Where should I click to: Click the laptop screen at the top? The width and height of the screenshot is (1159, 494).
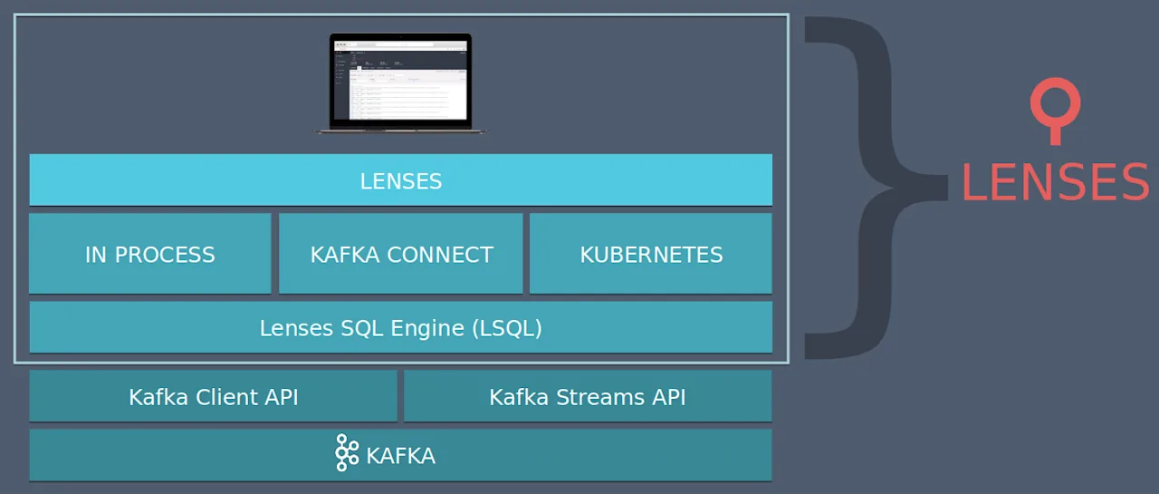400,79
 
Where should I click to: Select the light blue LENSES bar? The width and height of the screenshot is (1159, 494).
400,180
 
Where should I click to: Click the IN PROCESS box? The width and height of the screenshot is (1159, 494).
150,254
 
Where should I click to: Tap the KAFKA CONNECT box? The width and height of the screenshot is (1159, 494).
401,254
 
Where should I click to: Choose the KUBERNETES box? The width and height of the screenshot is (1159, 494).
651,254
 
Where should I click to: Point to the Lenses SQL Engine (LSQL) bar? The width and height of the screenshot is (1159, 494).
400,327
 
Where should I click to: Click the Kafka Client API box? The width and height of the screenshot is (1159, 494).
213,396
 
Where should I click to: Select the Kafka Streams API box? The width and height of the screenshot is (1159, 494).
588,396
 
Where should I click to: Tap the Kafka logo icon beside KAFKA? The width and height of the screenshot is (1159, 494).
346,453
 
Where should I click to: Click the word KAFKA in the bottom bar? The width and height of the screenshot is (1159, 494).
401,455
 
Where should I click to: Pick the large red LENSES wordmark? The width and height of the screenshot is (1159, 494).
1055,182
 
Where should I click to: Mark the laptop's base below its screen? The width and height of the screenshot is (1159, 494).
400,130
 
